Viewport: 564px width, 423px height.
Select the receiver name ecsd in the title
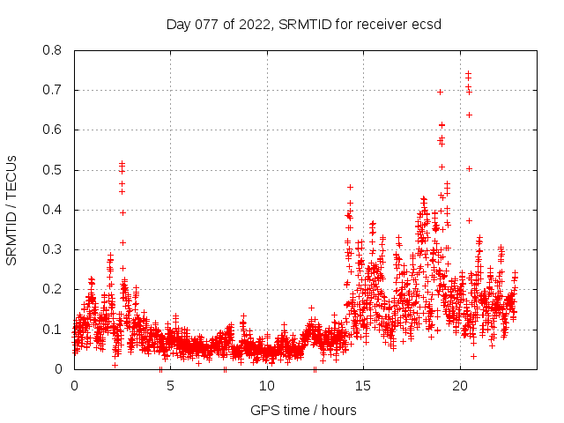click(425, 24)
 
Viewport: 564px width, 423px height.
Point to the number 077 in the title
click(210, 24)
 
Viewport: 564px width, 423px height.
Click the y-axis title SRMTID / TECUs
click(12, 210)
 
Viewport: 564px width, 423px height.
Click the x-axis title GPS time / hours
click(303, 410)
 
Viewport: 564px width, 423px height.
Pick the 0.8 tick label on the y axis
click(52, 50)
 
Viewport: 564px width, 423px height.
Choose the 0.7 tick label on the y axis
click(52, 90)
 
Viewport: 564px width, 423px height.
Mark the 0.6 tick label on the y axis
click(52, 130)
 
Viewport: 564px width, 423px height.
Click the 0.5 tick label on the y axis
click(52, 170)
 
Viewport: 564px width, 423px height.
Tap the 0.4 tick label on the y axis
click(52, 210)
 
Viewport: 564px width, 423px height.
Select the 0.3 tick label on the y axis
click(52, 249)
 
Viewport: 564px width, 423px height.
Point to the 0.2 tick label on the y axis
click(52, 289)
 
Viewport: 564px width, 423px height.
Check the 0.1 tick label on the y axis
click(52, 330)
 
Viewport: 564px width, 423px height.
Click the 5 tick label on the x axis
click(170, 386)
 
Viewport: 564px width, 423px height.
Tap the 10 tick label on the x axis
click(267, 386)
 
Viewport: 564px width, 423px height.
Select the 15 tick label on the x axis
click(363, 386)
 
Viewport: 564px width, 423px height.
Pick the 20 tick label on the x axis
click(460, 386)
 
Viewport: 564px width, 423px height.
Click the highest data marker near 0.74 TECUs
click(468, 74)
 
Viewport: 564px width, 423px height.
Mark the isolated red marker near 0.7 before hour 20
click(440, 92)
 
